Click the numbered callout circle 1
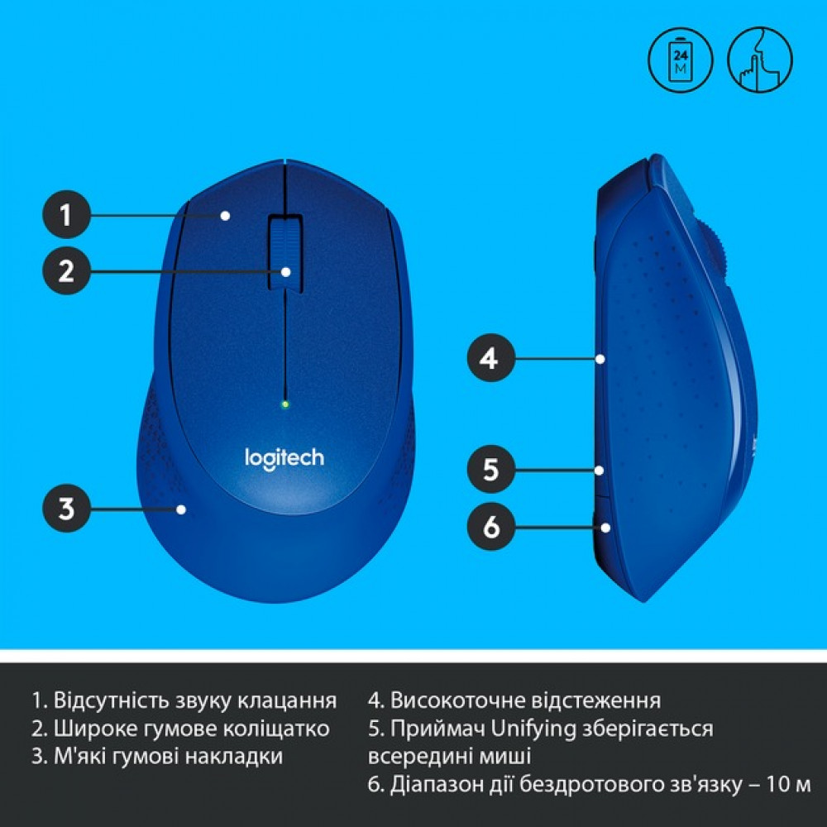[x=67, y=216]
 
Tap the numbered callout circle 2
[x=67, y=270]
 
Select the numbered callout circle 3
[x=67, y=509]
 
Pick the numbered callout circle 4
[x=490, y=359]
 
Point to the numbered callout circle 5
[x=490, y=470]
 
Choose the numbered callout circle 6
[x=490, y=527]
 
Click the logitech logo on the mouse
[x=284, y=457]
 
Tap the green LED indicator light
[x=284, y=404]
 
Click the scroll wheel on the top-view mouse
[x=284, y=252]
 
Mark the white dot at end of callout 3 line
[x=181, y=509]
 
